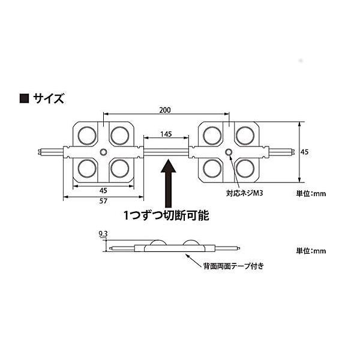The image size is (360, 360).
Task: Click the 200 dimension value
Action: click(x=165, y=110)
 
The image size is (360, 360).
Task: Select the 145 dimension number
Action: click(x=166, y=134)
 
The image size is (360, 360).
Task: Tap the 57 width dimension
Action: click(x=103, y=201)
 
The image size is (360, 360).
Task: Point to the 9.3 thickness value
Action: click(x=103, y=234)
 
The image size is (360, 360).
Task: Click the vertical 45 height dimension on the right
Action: click(x=304, y=152)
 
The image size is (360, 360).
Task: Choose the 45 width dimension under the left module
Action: click(x=103, y=191)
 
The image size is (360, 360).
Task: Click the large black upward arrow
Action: click(x=169, y=183)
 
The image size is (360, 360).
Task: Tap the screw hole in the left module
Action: click(x=103, y=152)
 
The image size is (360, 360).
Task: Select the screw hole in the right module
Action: click(x=229, y=152)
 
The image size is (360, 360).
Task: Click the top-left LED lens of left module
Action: click(x=87, y=136)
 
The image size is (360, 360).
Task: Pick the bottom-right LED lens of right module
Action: click(x=245, y=168)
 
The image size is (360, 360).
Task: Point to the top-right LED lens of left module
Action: click(x=119, y=136)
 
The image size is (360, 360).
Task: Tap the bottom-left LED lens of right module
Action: click(x=212, y=168)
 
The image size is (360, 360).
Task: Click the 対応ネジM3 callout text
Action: click(x=244, y=193)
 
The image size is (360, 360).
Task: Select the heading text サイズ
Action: click(x=49, y=98)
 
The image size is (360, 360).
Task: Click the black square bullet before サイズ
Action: click(x=24, y=98)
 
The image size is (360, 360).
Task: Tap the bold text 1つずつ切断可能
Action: click(x=166, y=215)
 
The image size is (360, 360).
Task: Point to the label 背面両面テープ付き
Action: click(x=233, y=266)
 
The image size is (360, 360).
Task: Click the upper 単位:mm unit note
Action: click(x=311, y=194)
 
